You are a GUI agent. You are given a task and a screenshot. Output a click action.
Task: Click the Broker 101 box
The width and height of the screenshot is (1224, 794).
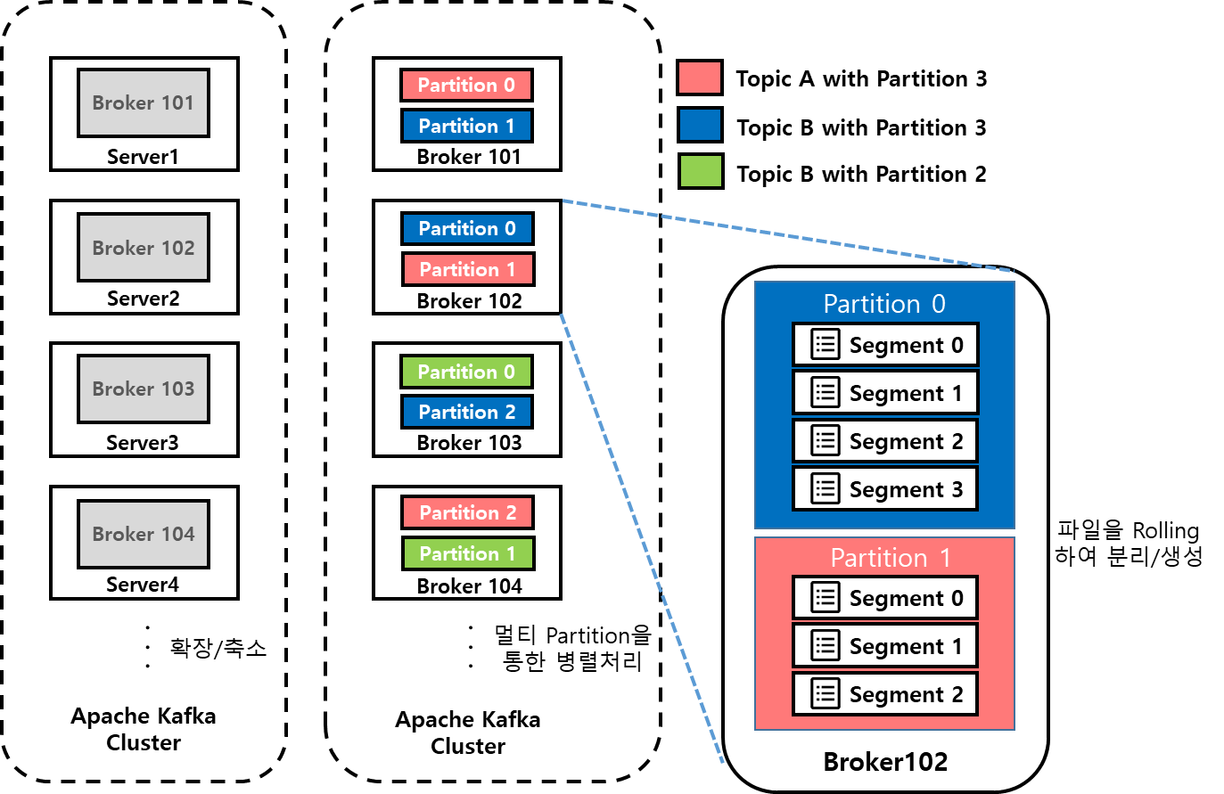(x=143, y=102)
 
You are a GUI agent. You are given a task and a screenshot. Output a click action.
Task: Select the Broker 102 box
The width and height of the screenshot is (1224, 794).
(x=143, y=247)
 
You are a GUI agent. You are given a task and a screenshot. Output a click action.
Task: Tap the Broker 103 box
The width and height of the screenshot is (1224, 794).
(x=143, y=389)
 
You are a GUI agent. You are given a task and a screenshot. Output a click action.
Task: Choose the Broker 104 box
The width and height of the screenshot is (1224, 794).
(x=143, y=534)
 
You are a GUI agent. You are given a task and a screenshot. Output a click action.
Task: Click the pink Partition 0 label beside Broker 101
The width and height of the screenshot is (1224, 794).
(x=466, y=85)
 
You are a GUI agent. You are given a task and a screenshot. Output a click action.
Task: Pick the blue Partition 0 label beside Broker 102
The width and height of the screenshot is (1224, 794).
(x=467, y=228)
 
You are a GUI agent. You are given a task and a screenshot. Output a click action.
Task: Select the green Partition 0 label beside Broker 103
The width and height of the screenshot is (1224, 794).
(x=466, y=372)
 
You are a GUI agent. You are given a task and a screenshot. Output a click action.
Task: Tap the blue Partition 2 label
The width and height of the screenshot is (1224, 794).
(x=467, y=412)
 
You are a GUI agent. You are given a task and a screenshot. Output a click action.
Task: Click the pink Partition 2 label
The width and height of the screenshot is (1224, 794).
(x=467, y=512)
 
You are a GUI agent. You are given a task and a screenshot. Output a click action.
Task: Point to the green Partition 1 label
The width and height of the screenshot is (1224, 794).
(x=468, y=553)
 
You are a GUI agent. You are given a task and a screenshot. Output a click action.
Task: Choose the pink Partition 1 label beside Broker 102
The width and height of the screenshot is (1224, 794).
(x=468, y=269)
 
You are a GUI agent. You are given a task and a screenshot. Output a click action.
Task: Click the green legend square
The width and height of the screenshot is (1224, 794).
(x=701, y=171)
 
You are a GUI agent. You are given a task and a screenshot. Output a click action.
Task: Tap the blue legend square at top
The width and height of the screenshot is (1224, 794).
(x=700, y=125)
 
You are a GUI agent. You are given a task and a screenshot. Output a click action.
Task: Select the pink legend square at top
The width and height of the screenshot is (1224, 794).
(x=700, y=78)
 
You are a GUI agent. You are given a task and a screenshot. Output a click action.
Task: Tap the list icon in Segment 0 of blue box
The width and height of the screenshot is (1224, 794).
(x=826, y=344)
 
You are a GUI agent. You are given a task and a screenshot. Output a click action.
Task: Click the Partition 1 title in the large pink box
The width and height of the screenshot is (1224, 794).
(x=891, y=558)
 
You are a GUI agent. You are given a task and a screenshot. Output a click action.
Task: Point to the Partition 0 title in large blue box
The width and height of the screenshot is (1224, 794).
(x=884, y=304)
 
